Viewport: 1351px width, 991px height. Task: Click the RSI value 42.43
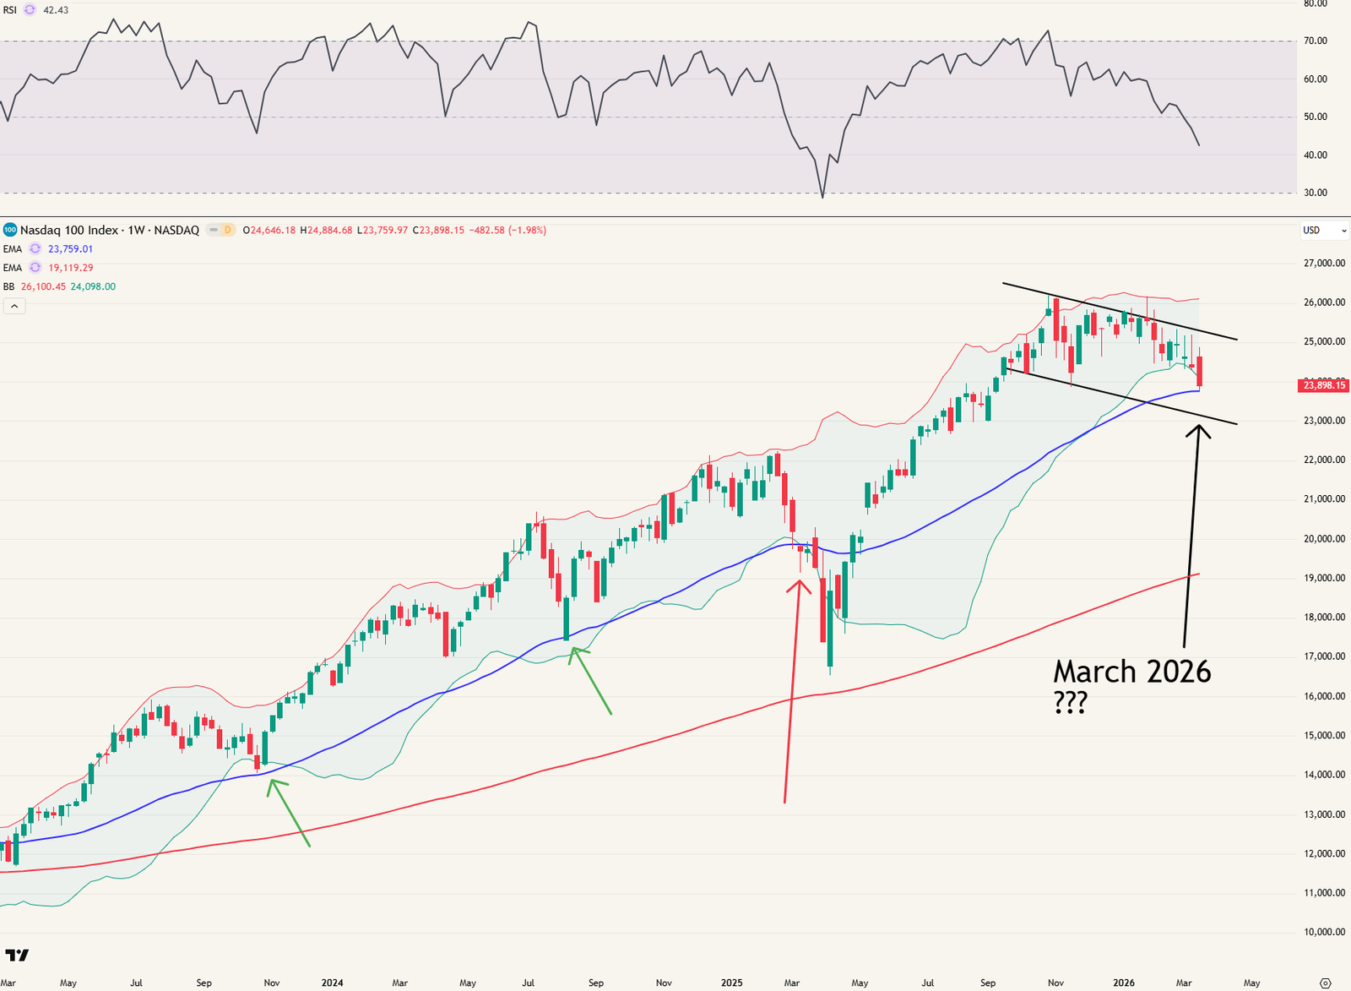point(56,10)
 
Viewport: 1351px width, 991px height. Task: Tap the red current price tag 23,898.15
point(1323,385)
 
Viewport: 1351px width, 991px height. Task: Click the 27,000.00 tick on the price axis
point(1324,263)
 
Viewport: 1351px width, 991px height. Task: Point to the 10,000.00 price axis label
point(1324,932)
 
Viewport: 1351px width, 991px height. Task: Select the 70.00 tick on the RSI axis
point(1316,41)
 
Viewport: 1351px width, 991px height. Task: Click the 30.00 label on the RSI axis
point(1316,193)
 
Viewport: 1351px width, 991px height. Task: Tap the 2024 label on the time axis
point(332,983)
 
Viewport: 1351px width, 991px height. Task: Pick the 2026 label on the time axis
point(1123,983)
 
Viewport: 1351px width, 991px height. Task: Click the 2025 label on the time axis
point(731,983)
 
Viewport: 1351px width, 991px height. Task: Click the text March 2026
point(1131,672)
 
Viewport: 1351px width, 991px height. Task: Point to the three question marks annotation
point(1071,704)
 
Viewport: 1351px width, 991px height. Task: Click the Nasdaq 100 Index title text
point(69,230)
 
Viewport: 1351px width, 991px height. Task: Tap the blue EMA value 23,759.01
point(70,249)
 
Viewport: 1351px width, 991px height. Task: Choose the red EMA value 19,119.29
point(70,268)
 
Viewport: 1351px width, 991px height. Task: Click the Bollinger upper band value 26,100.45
point(43,286)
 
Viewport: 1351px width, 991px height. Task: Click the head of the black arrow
point(1197,428)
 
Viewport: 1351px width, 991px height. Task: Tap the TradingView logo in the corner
point(17,956)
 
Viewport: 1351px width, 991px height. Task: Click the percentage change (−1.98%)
point(527,230)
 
